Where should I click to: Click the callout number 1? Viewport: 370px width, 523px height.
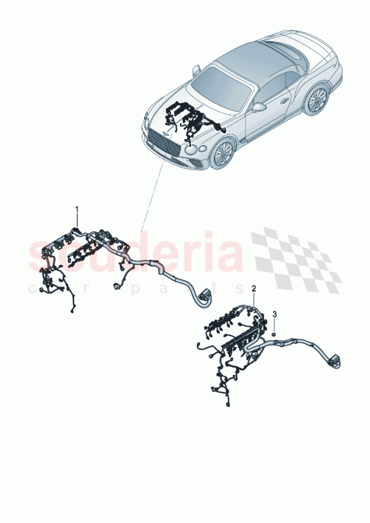pyautogui.click(x=75, y=212)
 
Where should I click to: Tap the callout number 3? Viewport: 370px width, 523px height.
pyautogui.click(x=275, y=315)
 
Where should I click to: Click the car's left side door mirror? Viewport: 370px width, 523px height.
pyautogui.click(x=197, y=70)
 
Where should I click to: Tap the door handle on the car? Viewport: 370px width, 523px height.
pyautogui.click(x=285, y=99)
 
